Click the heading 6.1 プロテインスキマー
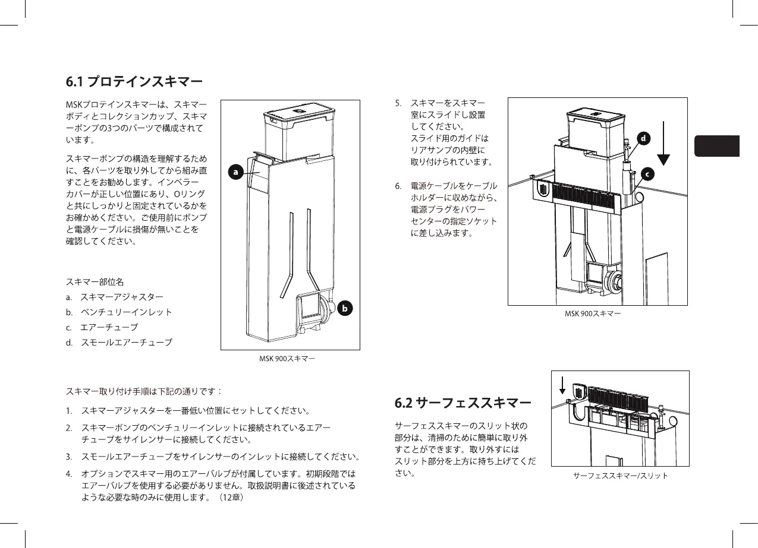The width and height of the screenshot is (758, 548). click(x=134, y=81)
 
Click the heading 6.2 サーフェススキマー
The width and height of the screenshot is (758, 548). click(x=463, y=404)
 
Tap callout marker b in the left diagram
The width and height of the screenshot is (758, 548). click(x=344, y=309)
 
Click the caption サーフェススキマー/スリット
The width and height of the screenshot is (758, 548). click(x=620, y=476)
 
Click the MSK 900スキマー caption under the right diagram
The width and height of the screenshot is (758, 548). click(x=593, y=313)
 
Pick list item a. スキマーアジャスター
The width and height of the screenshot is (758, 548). click(x=114, y=296)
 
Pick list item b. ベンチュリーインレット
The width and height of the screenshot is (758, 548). click(x=119, y=312)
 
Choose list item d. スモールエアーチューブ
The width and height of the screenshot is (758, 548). click(x=119, y=343)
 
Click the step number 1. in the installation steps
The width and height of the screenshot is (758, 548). click(x=70, y=411)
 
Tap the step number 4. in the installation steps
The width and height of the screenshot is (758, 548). click(x=70, y=474)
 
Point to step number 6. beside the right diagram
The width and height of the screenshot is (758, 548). click(x=398, y=186)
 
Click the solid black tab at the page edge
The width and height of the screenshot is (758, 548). click(x=716, y=146)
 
